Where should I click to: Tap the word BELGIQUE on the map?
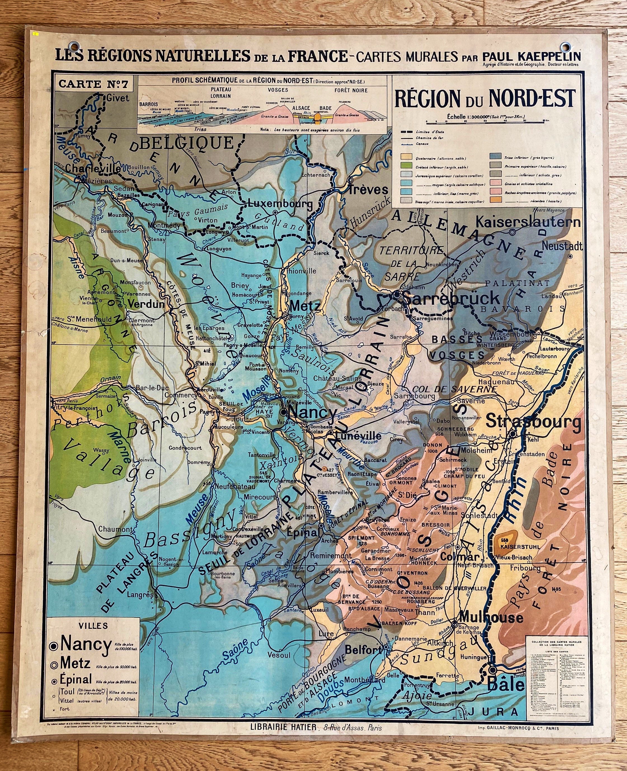[x=187, y=143]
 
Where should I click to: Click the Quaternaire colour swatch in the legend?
[x=407, y=158]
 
